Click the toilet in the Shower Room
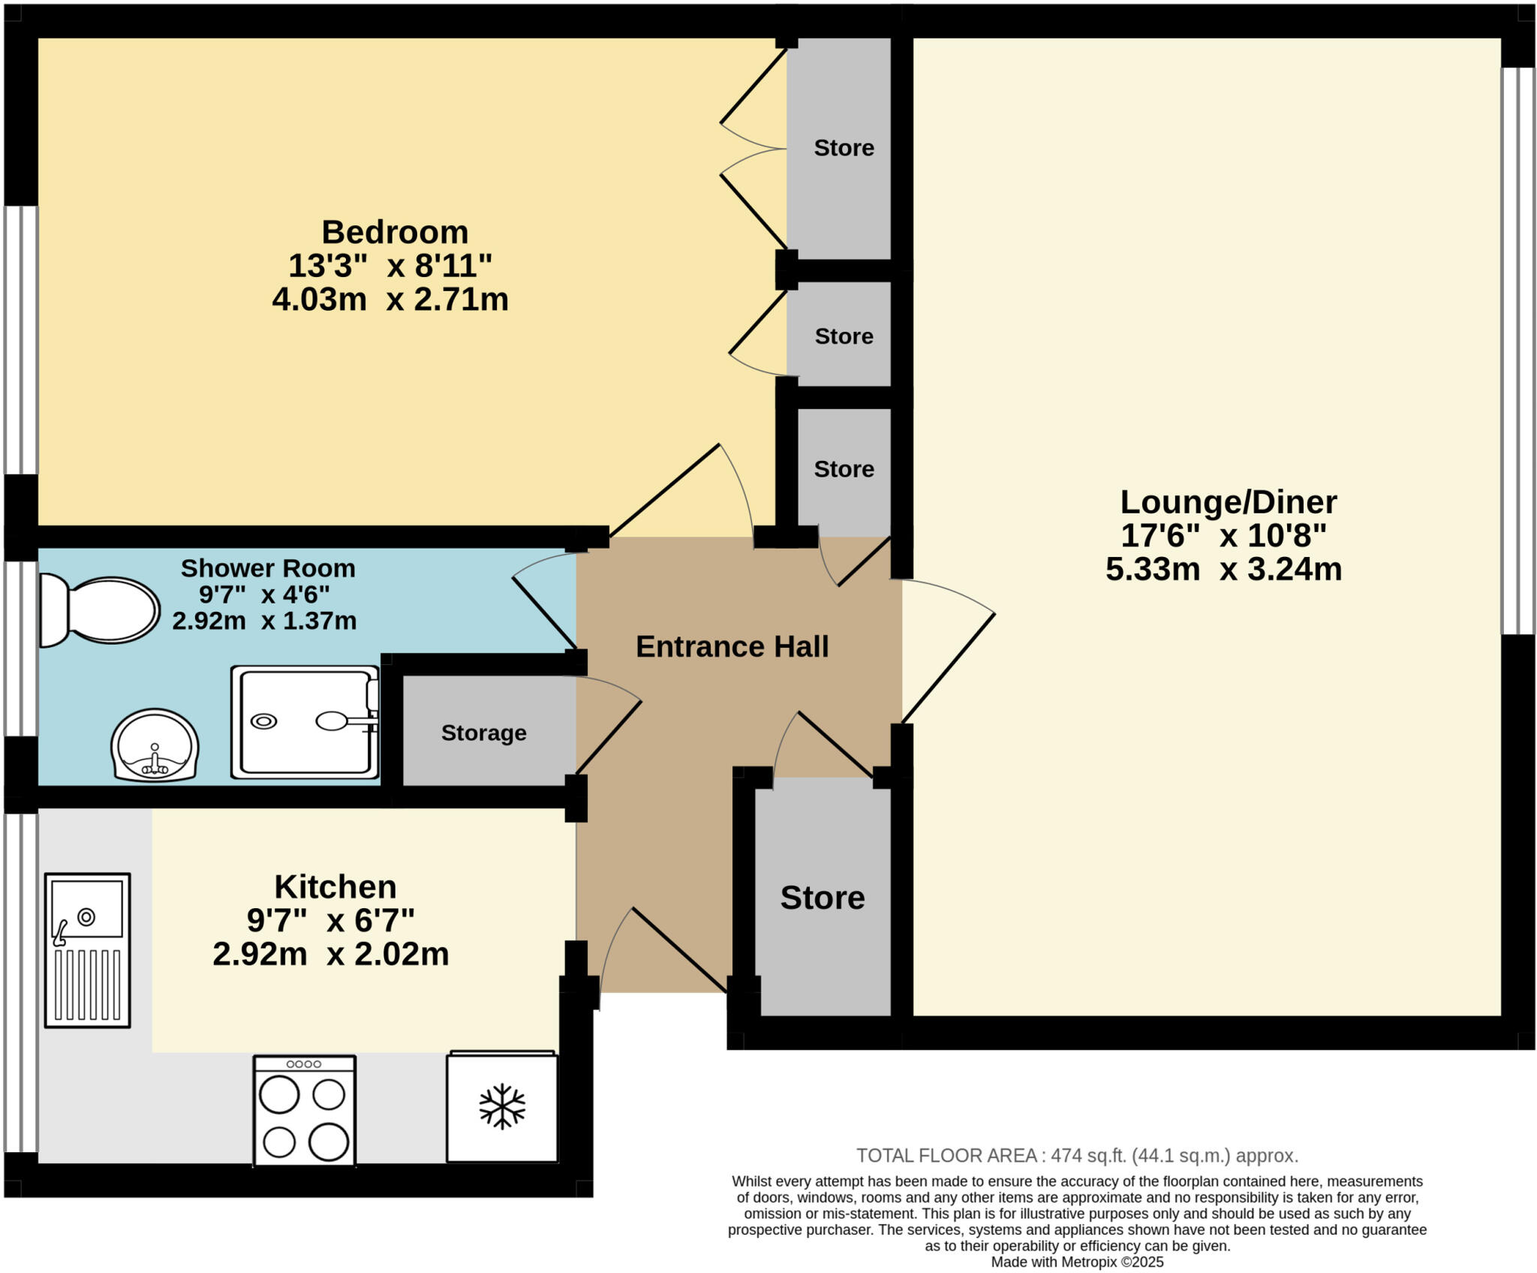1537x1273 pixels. [x=101, y=610]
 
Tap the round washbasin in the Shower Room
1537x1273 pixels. [x=155, y=745]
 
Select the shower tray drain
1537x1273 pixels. [x=263, y=721]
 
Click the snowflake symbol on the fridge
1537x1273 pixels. [x=502, y=1106]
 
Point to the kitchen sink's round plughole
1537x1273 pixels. [x=86, y=916]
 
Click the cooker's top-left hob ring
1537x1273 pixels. [x=279, y=1095]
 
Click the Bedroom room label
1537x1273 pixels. [x=395, y=232]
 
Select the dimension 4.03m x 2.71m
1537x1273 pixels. [x=390, y=299]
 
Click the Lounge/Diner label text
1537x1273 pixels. [x=1228, y=502]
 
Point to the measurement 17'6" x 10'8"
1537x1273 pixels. [x=1223, y=536]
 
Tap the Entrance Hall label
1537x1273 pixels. [x=732, y=647]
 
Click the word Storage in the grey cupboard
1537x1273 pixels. [x=483, y=733]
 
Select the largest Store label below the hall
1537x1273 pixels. [x=822, y=898]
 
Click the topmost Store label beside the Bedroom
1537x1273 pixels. [x=844, y=148]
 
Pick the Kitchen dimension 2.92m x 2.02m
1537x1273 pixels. [x=330, y=954]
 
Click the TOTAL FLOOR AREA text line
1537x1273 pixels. [x=1077, y=1156]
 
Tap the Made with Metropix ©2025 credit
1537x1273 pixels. [x=1077, y=1262]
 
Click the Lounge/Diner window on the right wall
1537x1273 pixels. [x=1517, y=351]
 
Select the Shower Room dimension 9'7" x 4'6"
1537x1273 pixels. [x=264, y=594]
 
